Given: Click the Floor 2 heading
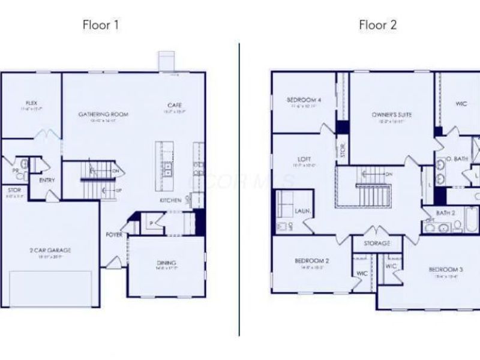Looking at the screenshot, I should [378, 25].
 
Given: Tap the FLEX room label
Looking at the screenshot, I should [31, 103].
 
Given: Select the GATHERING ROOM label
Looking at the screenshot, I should [104, 114].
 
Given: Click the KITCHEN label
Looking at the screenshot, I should [170, 200].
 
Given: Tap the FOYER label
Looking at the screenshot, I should [115, 235].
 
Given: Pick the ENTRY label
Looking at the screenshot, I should [47, 180].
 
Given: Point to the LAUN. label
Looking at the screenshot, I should [302, 211].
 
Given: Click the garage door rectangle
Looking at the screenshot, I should [52, 288].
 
